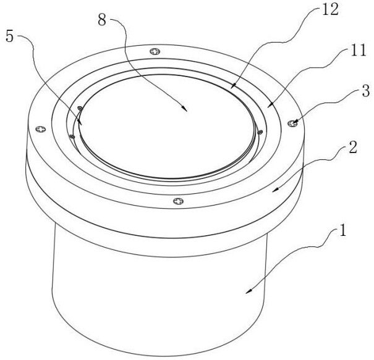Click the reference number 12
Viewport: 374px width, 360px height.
[x=330, y=10]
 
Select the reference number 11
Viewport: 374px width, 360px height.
[x=358, y=51]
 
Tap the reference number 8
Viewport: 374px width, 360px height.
[x=102, y=20]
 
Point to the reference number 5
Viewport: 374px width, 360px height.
[x=9, y=36]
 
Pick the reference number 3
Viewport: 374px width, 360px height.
[x=366, y=91]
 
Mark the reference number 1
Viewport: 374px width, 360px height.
[x=342, y=230]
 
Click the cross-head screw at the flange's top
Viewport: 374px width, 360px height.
[x=155, y=51]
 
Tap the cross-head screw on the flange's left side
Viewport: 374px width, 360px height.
[x=41, y=129]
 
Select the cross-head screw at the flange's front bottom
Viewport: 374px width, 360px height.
[x=178, y=201]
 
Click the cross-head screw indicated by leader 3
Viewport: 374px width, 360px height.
[x=292, y=123]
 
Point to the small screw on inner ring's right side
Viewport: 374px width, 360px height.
[x=260, y=132]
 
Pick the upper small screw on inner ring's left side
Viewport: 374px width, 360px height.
[x=80, y=109]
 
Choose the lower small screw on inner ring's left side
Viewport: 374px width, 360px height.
[x=72, y=136]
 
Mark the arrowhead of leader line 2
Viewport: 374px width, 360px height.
[x=275, y=190]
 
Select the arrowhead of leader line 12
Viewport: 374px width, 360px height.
[x=234, y=86]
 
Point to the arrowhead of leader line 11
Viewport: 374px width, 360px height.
[x=270, y=105]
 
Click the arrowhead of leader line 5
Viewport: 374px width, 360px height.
[x=80, y=122]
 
